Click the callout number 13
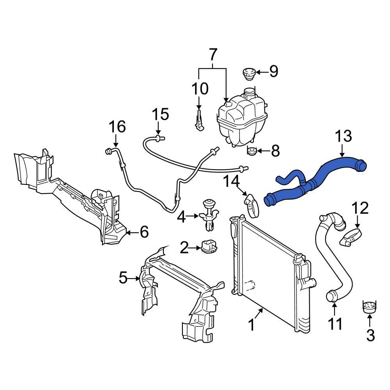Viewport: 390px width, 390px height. (x=344, y=136)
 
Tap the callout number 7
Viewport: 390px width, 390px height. (x=213, y=55)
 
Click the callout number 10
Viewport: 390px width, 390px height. (x=199, y=89)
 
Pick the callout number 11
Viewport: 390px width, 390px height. (x=335, y=323)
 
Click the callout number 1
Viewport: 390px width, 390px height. (x=252, y=324)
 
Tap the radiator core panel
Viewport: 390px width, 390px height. (x=269, y=273)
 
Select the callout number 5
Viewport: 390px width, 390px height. (x=123, y=278)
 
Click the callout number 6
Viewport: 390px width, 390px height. (x=144, y=232)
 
